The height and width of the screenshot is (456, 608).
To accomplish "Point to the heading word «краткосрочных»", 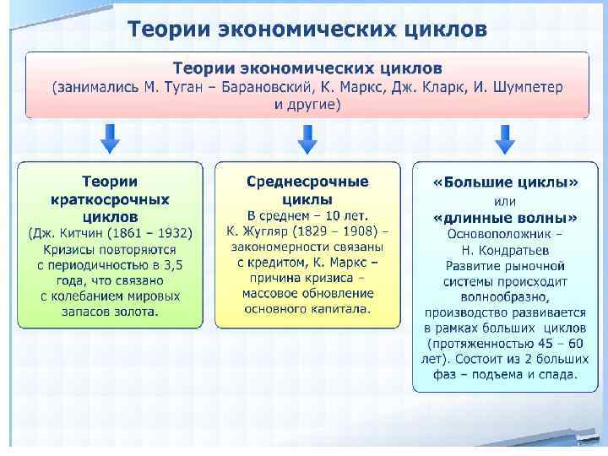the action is [110, 199].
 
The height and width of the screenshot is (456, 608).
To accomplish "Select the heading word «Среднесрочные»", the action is [307, 182].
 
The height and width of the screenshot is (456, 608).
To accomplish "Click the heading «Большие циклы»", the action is [505, 182].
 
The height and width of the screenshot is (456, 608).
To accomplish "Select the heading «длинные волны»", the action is [505, 216].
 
